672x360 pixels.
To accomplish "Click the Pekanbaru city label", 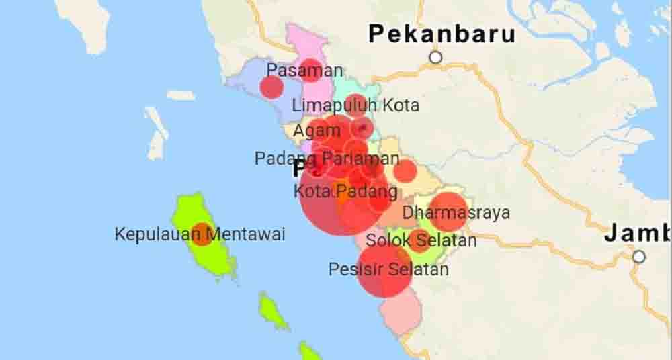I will coord(442,34).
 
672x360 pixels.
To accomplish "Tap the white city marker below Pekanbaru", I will coord(435,58).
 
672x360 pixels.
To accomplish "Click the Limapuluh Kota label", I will coord(355,105).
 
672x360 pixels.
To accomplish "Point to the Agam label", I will coord(317,131).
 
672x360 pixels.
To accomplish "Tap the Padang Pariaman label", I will coord(327,159).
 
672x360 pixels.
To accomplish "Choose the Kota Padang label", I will coord(345,191).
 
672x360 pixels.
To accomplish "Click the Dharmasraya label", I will coord(456,214).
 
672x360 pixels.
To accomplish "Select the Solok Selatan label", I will coord(421,240).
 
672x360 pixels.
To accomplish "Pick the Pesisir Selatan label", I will coord(388,270).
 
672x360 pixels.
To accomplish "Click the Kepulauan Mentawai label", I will coord(200,234).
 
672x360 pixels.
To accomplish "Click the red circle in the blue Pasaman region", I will coord(271,87).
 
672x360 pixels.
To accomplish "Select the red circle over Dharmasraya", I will coord(448,211).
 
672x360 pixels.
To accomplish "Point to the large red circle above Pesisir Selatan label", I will coord(383,270).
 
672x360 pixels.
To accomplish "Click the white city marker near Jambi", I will coord(638,257).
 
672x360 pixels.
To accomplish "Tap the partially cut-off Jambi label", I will coord(637,234).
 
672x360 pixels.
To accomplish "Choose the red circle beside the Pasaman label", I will coord(310,70).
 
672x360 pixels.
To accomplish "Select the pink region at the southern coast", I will coord(401,312).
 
